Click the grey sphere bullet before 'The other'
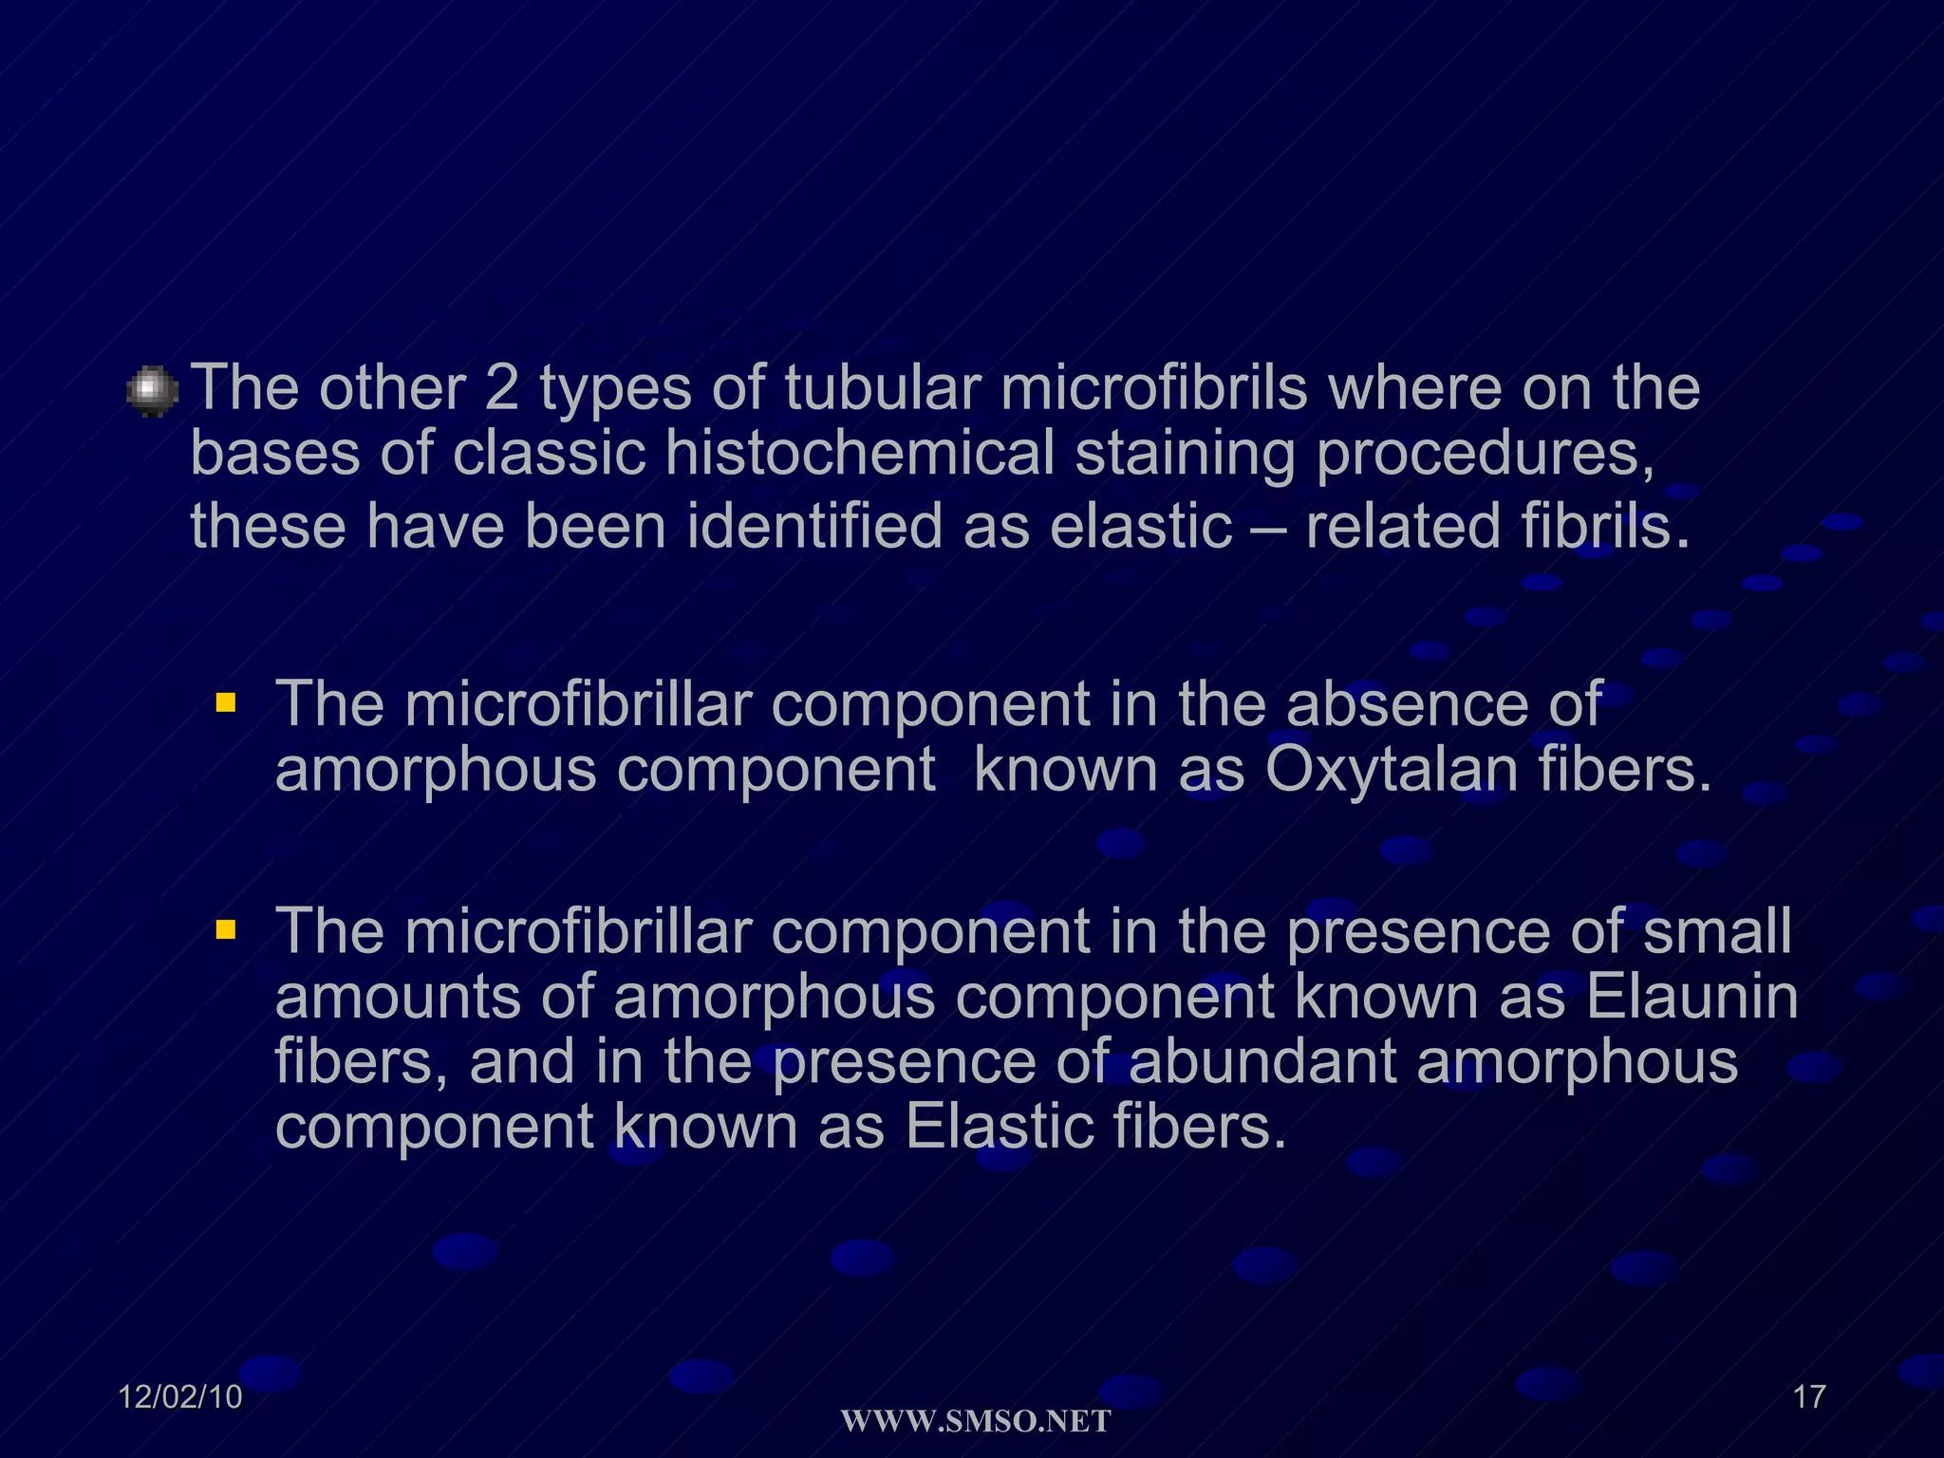152,391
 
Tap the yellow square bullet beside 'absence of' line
225,703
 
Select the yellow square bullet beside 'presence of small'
225,929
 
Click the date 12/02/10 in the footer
180,1397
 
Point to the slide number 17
1809,1397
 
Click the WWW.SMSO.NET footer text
976,1422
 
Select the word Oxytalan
1391,769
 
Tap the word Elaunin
1692,997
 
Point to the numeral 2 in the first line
501,388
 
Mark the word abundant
1262,1061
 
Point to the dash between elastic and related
1268,527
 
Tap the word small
1717,930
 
